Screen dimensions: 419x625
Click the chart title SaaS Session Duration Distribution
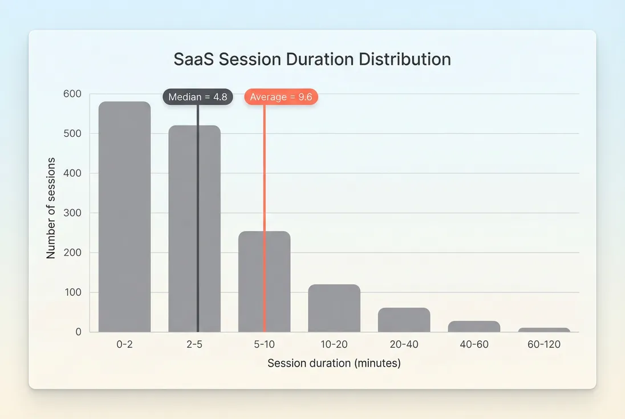[312, 59]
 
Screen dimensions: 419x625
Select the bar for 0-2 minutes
[124, 217]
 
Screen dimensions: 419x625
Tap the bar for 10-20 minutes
[334, 308]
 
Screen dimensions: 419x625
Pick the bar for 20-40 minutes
[404, 320]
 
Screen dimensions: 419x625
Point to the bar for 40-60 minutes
[474, 327]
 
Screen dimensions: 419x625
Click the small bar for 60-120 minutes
[544, 329]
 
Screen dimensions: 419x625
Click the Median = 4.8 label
[198, 97]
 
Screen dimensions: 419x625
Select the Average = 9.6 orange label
[281, 97]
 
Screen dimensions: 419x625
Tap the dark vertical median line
[198, 228]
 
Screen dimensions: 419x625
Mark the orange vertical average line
[264, 171]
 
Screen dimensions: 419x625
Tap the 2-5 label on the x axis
[194, 345]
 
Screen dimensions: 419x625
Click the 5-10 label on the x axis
[264, 345]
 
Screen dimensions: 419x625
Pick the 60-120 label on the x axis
[544, 345]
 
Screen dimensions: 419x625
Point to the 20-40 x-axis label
[404, 345]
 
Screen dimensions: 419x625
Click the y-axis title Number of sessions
[51, 208]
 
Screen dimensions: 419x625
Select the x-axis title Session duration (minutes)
[334, 363]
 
